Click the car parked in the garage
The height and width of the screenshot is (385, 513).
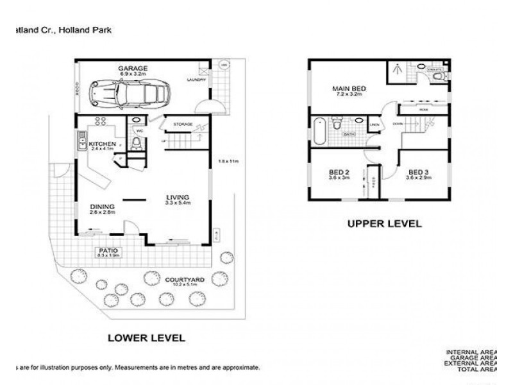[x=130, y=93]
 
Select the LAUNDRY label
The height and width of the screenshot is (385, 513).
[x=196, y=80]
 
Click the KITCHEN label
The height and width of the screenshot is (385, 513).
[x=102, y=143]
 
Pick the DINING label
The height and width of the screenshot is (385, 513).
[x=101, y=205]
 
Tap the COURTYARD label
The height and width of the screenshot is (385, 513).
[x=184, y=279]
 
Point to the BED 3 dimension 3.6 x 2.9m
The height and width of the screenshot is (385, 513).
[x=417, y=178]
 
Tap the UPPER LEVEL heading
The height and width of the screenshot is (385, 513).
[x=384, y=224]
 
